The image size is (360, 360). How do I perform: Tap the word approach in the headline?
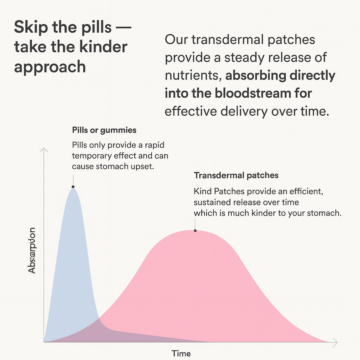tap(50, 67)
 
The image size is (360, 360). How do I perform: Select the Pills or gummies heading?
tap(104, 130)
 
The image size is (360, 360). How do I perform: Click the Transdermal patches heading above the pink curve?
tap(236, 175)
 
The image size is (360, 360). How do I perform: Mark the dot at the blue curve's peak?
tap(73, 187)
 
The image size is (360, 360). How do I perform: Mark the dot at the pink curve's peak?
tap(195, 231)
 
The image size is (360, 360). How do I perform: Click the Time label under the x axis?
tap(181, 353)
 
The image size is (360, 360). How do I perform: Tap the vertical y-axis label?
tap(32, 250)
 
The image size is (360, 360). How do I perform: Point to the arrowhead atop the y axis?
tap(44, 150)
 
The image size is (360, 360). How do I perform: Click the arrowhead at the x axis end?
tap(335, 342)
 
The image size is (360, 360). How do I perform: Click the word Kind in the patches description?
tap(201, 192)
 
